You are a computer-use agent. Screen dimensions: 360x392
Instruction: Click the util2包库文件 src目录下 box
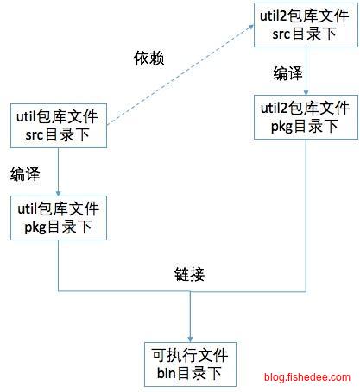306,25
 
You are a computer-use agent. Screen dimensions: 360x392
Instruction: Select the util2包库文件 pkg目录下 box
306,117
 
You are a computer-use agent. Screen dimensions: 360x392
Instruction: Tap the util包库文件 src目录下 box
59,126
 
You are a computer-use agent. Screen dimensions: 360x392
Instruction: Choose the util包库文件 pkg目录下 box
59,218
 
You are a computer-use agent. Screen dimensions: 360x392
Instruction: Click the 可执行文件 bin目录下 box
190,364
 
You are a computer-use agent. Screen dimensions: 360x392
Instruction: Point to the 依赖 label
148,58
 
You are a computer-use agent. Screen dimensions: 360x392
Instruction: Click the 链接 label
189,274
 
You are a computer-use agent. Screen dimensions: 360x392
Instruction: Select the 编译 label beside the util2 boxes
287,73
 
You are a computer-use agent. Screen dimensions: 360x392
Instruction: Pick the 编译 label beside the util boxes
25,174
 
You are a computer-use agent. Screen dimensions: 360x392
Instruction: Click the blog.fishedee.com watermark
307,376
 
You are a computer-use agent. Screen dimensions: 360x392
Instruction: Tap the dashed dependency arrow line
180,75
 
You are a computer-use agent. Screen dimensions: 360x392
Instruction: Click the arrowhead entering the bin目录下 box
190,339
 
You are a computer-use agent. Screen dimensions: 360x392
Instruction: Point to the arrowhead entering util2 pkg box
306,92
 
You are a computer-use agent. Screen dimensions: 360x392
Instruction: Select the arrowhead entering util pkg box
58,193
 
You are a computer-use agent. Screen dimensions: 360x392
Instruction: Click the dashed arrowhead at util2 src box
251,27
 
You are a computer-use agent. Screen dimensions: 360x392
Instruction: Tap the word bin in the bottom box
167,373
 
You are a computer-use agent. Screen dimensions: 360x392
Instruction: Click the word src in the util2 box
281,34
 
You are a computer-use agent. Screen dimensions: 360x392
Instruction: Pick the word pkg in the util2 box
281,127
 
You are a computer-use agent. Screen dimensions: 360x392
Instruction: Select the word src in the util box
35,135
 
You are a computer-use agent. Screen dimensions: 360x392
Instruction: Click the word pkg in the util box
35,227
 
